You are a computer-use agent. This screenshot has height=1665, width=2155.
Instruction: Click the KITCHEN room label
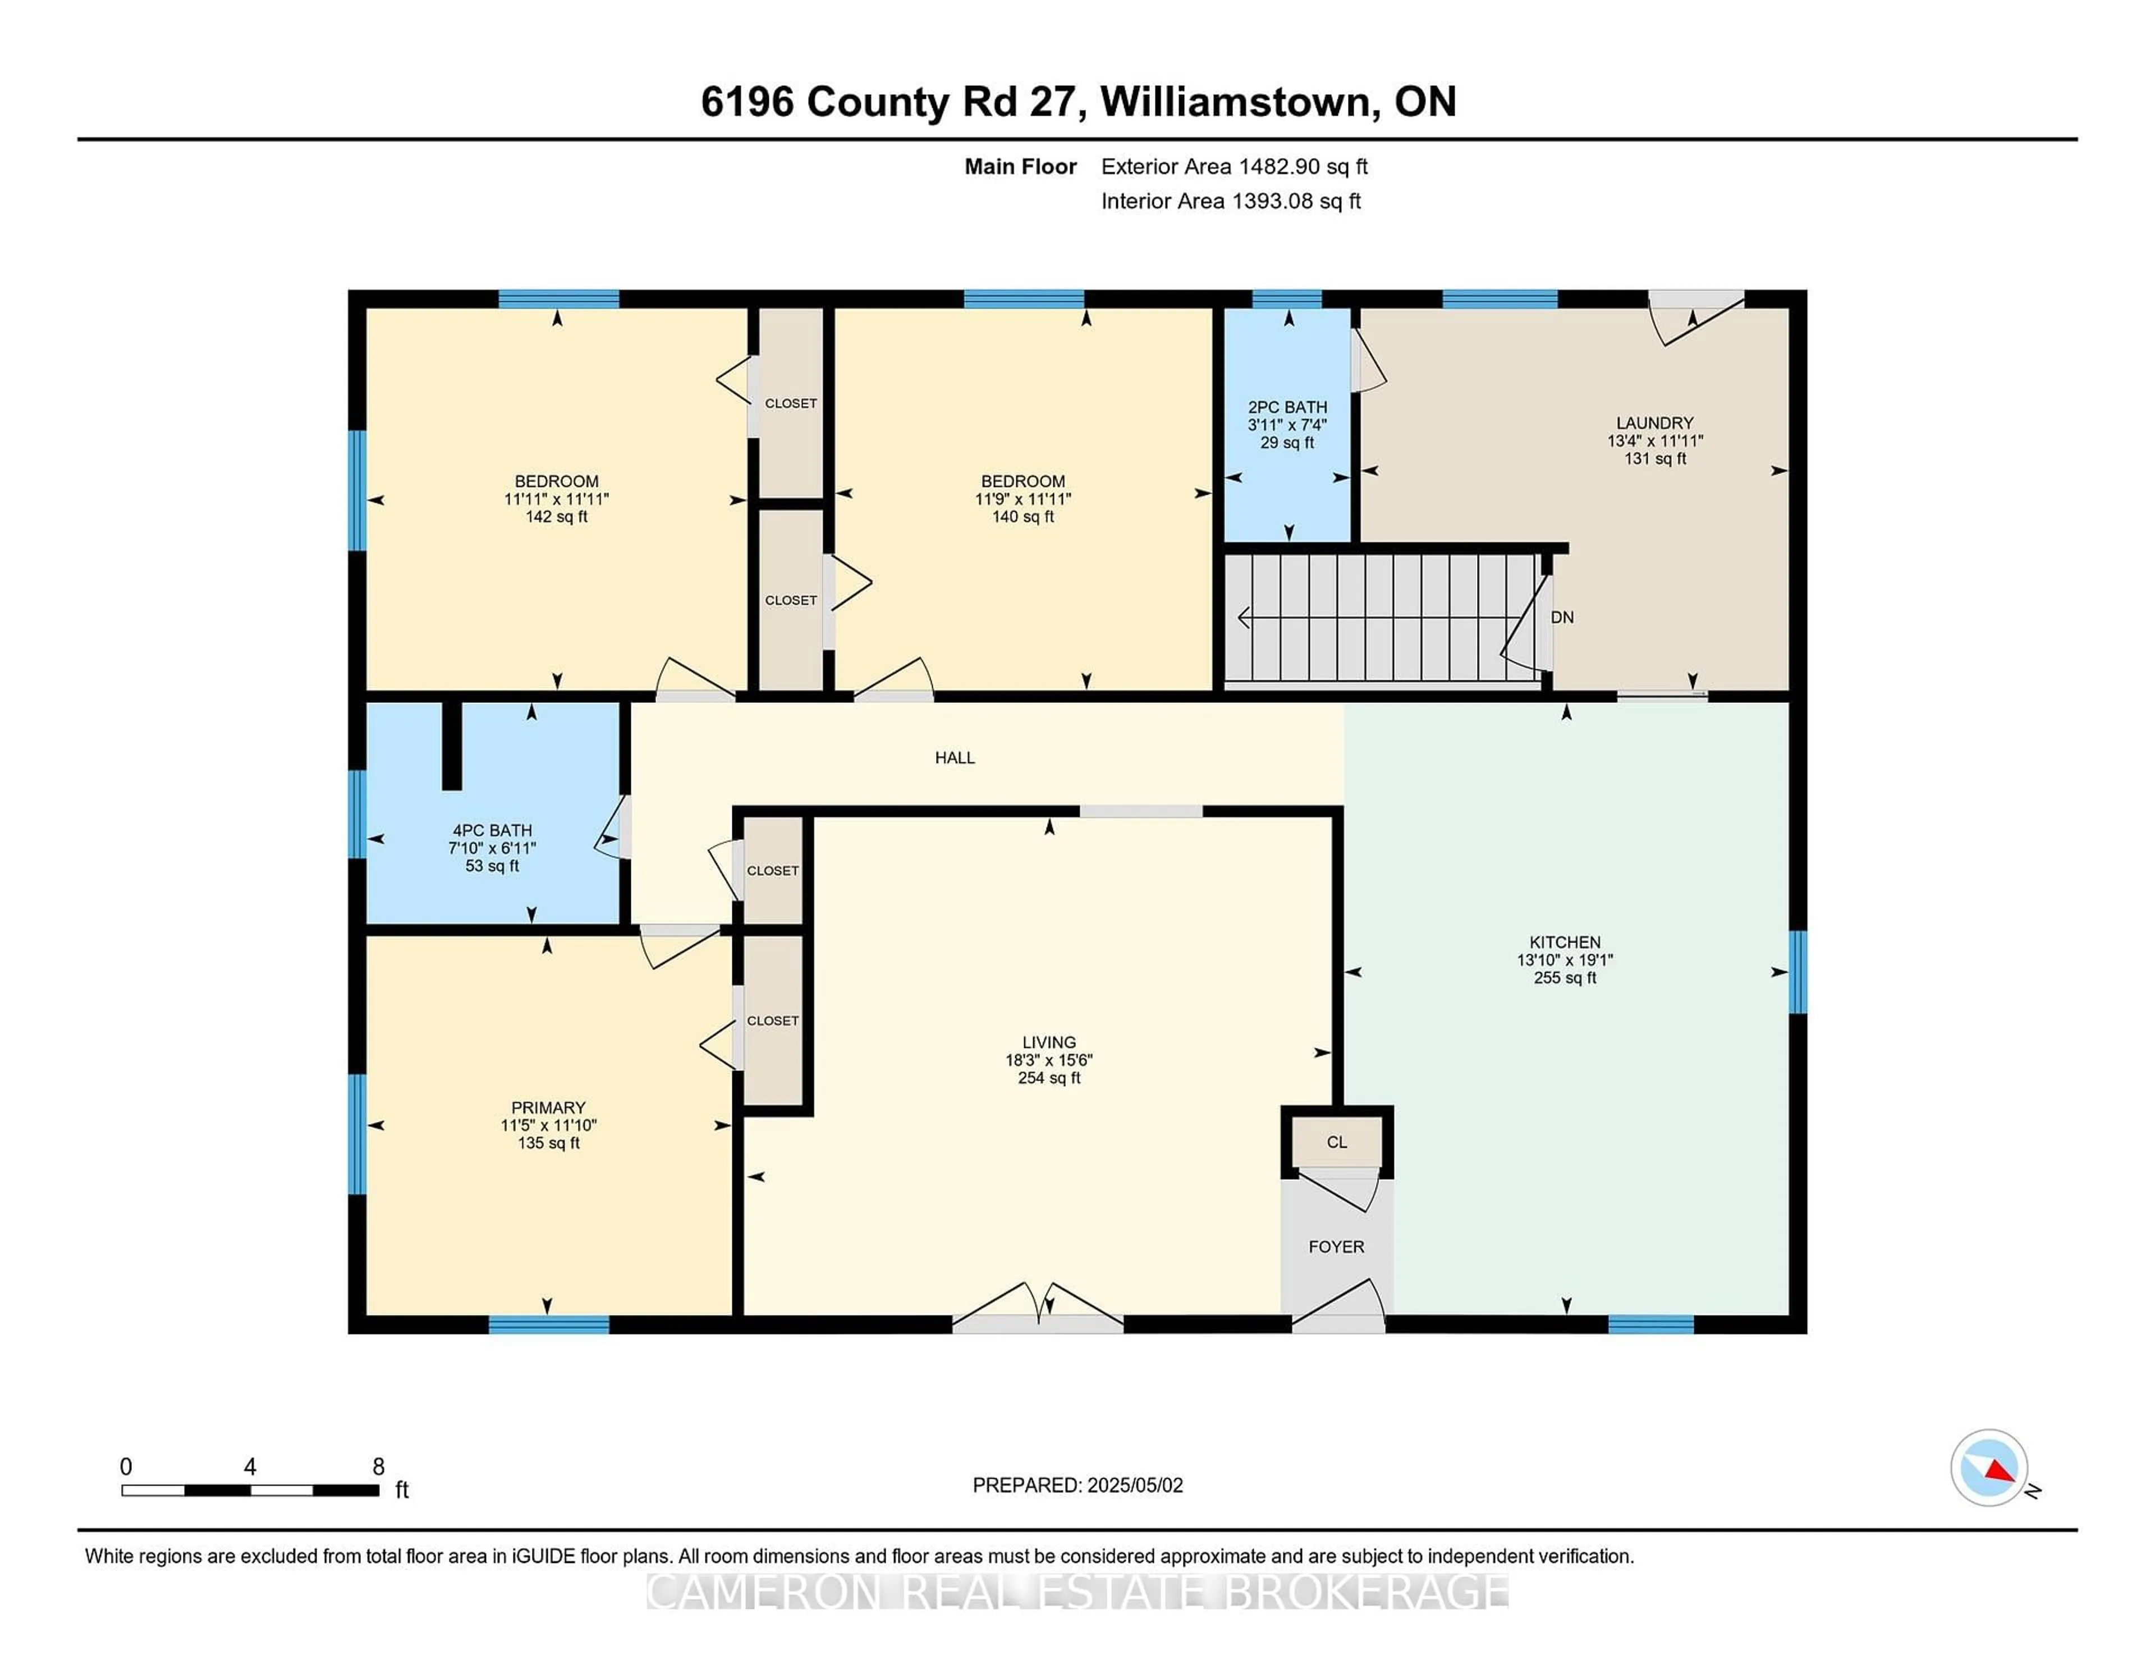[x=1565, y=942]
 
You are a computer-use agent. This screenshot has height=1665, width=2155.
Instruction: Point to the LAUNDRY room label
[x=1655, y=423]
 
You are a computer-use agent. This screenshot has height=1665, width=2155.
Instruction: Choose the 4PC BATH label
[x=492, y=830]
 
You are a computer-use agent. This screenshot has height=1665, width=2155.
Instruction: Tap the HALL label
[x=955, y=757]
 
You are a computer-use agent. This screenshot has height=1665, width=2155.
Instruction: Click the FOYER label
[x=1337, y=1247]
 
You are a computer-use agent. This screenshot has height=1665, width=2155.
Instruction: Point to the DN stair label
[x=1562, y=618]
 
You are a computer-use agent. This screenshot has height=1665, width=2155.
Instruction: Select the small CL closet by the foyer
[x=1337, y=1142]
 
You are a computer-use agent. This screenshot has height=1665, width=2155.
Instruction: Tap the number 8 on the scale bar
[x=378, y=1467]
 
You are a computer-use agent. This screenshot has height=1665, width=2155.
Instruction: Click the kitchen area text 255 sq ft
[x=1565, y=977]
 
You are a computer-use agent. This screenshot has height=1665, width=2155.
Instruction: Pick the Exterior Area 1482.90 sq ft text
[x=1235, y=167]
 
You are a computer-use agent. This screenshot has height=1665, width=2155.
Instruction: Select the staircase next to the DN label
[x=1382, y=618]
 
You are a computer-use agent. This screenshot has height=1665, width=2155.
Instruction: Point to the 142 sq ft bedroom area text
[x=557, y=517]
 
